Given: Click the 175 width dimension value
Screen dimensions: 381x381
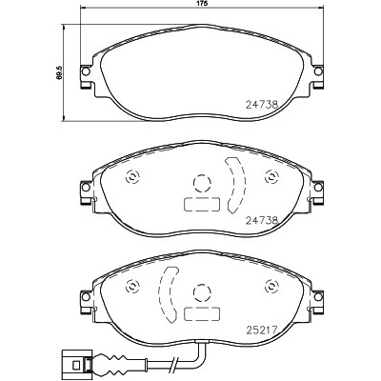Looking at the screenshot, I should pos(201,5).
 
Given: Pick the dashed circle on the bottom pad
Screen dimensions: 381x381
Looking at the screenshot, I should pos(201,293).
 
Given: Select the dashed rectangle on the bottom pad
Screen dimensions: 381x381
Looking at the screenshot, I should pos(201,315).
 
